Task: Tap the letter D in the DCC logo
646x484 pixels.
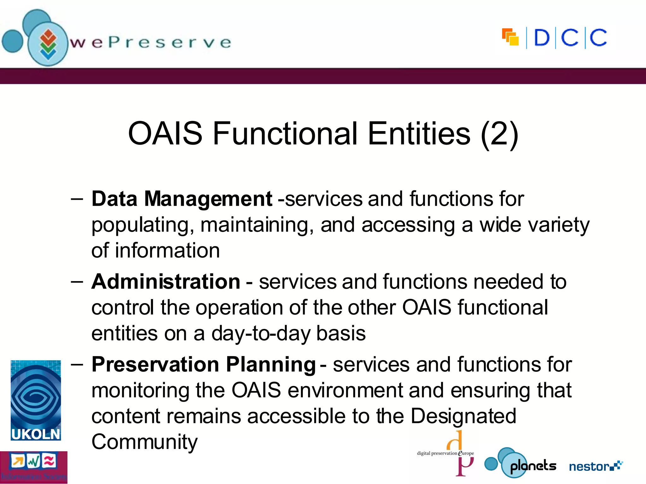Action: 542,38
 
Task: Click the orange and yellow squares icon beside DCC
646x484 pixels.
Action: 510,37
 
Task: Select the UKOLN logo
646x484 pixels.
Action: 36,400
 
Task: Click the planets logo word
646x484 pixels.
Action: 533,466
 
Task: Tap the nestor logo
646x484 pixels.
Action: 596,466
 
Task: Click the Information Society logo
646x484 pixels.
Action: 33,467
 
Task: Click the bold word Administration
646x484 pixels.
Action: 166,281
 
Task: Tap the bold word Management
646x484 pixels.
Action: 208,199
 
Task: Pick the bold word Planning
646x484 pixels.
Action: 271,364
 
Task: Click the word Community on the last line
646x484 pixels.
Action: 144,442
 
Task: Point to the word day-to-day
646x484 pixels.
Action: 261,333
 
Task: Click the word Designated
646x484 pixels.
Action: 463,416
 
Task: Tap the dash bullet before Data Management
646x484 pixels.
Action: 77,199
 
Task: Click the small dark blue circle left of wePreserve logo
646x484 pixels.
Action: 12,41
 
